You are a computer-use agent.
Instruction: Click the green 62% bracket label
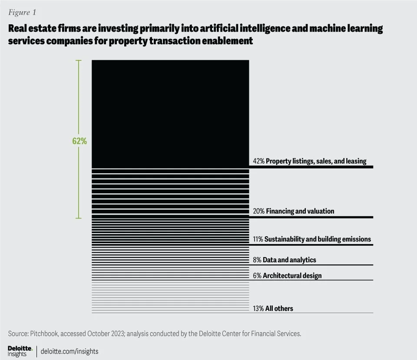[79, 142]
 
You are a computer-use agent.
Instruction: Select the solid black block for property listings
[170, 113]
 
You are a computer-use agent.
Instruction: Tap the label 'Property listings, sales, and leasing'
[316, 161]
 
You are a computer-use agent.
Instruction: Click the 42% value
[258, 161]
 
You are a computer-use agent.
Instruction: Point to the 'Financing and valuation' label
[300, 211]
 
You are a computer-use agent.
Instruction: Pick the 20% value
[258, 211]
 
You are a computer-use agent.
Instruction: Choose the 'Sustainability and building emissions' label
[318, 239]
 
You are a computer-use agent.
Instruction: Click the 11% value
[258, 239]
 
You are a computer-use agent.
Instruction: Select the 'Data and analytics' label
[290, 260]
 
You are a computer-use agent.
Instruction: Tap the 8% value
[257, 260]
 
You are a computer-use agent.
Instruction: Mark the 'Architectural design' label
[292, 275]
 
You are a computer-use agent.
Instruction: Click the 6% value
[257, 275]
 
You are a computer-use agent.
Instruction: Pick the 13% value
[258, 308]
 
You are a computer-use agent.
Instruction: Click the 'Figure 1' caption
[22, 12]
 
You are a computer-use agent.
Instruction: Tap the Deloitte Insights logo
[20, 351]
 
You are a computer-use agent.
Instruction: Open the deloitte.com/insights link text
[69, 351]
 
